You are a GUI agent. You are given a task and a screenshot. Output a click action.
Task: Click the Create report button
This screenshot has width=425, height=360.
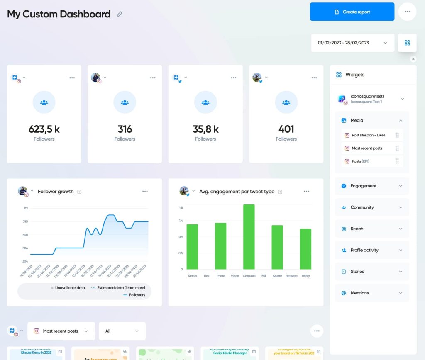(x=352, y=12)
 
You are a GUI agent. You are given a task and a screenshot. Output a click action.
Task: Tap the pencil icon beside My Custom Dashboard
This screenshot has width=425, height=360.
(x=120, y=14)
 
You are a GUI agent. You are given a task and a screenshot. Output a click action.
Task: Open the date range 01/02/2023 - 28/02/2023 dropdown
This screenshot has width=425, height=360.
(x=352, y=43)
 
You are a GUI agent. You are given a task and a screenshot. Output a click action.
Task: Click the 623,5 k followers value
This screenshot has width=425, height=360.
(x=44, y=129)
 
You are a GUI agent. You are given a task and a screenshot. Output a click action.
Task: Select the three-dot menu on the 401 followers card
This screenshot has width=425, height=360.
(x=314, y=78)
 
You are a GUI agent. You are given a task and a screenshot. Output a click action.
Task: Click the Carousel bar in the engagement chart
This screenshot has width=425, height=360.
(x=249, y=237)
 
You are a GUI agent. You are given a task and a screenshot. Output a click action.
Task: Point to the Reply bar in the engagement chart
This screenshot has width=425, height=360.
(x=305, y=249)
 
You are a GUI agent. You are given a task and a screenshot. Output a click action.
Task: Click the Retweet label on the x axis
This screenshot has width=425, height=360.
(x=291, y=276)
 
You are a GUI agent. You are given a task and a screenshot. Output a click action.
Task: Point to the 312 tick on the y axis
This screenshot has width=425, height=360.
(x=25, y=208)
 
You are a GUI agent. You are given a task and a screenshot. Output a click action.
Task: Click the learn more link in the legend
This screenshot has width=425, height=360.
(x=135, y=287)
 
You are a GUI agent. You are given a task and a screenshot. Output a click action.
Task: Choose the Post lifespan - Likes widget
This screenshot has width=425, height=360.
(x=369, y=135)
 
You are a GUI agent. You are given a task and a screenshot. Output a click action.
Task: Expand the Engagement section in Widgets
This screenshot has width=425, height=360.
(x=372, y=186)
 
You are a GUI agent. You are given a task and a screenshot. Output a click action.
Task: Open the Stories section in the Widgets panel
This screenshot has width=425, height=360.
(x=372, y=272)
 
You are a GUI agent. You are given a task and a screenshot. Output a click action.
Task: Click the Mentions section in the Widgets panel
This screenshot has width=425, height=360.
(x=372, y=293)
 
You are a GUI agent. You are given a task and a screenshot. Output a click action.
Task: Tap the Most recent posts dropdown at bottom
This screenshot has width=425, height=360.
(x=61, y=331)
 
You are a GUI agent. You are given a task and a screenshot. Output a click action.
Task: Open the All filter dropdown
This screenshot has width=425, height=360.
(x=122, y=331)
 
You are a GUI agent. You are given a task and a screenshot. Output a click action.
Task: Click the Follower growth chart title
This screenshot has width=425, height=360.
(x=56, y=192)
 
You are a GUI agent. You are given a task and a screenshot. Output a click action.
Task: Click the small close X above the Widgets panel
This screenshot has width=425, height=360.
(x=413, y=59)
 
